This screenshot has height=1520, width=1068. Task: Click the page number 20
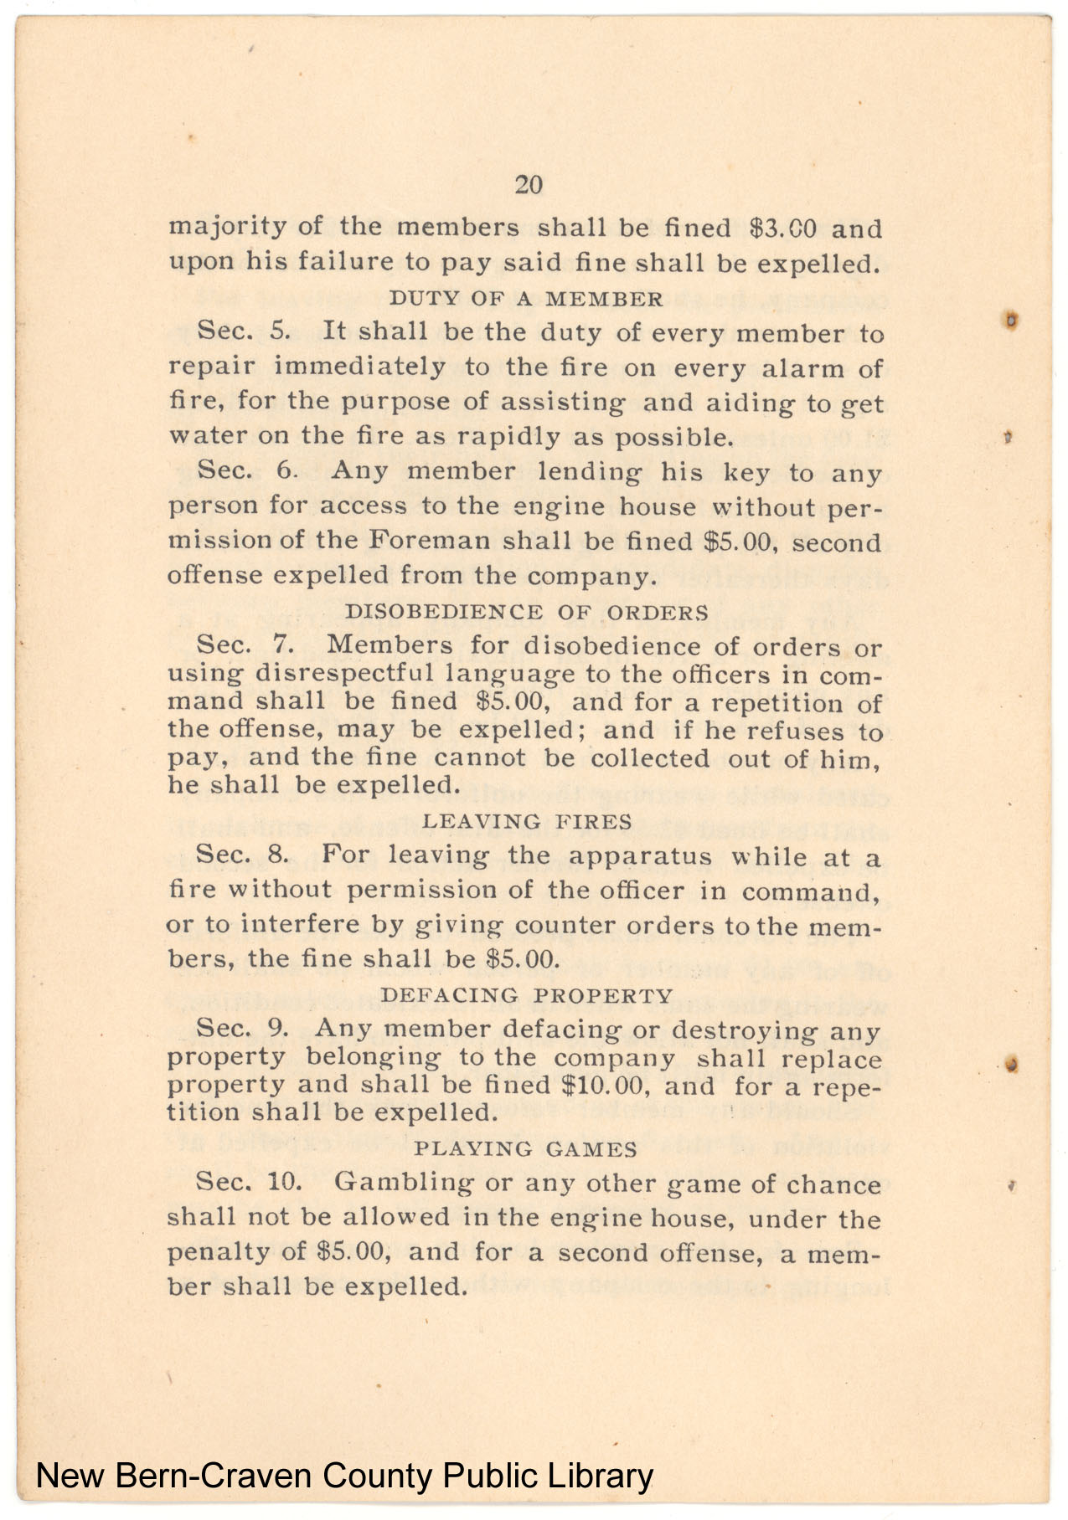click(x=528, y=185)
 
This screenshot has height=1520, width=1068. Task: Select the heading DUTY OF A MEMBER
click(x=526, y=299)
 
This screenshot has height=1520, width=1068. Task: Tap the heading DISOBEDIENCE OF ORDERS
click(x=527, y=612)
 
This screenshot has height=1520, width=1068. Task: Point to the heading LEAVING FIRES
click(x=527, y=821)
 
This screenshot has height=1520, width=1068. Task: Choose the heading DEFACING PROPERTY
click(x=527, y=995)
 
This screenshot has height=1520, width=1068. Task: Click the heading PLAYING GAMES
click(x=526, y=1148)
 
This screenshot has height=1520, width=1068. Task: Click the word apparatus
click(x=640, y=856)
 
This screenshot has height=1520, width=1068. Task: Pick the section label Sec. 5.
click(x=244, y=331)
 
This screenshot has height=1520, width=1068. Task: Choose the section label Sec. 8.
click(x=243, y=855)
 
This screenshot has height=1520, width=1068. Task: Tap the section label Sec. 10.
click(x=249, y=1182)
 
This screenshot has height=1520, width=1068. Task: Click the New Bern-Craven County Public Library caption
click(x=344, y=1476)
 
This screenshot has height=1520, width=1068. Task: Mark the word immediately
click(x=359, y=367)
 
